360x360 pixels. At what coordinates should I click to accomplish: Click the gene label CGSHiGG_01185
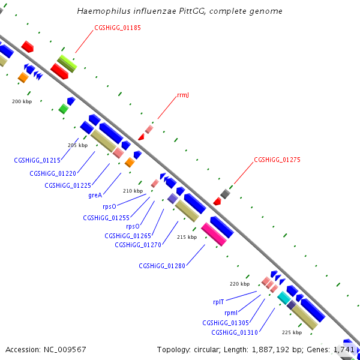(x=118, y=28)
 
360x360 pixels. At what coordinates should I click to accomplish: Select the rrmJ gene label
(x=183, y=95)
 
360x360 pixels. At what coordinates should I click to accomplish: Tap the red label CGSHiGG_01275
(x=277, y=160)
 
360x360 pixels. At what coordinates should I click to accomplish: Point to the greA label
(x=95, y=195)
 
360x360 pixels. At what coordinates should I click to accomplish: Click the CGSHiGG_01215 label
(x=37, y=160)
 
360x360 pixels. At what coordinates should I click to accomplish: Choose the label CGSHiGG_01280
(x=162, y=266)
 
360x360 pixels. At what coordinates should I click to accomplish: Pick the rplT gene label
(x=218, y=302)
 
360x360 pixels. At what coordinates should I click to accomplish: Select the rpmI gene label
(x=231, y=313)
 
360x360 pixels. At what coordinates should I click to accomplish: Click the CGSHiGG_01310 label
(x=235, y=332)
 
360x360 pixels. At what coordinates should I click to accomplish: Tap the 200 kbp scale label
(x=22, y=101)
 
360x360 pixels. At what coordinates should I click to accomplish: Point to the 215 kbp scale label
(x=187, y=237)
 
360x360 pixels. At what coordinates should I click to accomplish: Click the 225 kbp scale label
(x=292, y=332)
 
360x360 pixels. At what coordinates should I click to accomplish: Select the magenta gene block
(x=214, y=234)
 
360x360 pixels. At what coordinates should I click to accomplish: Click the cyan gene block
(x=284, y=297)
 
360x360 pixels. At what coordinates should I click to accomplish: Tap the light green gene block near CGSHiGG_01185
(x=67, y=63)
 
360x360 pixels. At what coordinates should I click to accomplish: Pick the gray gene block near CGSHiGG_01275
(x=225, y=194)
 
